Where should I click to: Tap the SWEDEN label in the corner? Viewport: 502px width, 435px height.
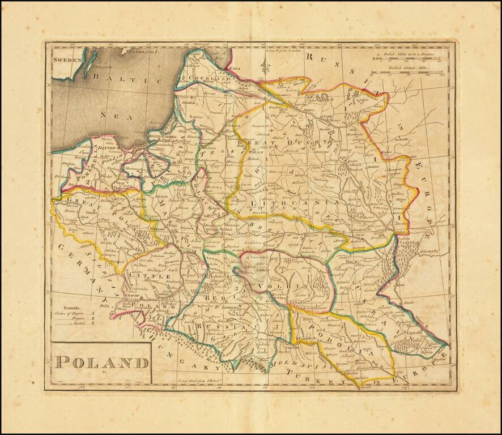point(64,58)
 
